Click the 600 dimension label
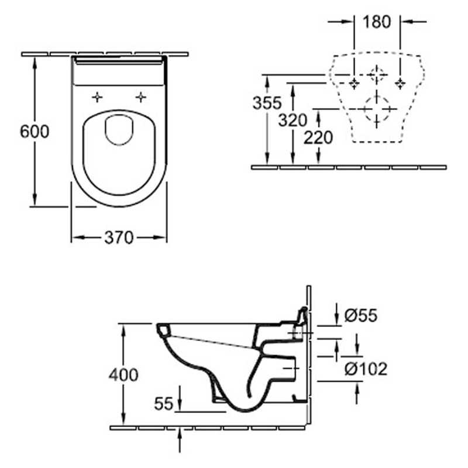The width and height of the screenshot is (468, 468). [x=35, y=131]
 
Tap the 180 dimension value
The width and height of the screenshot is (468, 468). [x=377, y=22]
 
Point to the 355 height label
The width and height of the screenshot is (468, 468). [x=267, y=103]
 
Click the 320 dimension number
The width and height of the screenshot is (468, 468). [x=292, y=121]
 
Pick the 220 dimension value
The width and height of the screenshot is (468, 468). [x=318, y=138]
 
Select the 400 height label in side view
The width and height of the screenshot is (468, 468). [x=124, y=374]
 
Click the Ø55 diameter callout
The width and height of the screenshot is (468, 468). [x=362, y=316]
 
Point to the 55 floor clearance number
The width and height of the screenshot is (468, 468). [x=164, y=403]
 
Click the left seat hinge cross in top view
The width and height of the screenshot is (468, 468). [x=98, y=97]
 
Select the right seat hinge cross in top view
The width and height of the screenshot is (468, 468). [x=140, y=97]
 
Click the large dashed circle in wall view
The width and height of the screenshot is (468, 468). [x=376, y=108]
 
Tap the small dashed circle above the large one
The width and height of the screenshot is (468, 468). [x=377, y=75]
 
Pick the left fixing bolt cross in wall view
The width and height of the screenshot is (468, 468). [x=353, y=83]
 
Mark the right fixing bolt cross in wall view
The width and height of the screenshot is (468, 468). [x=400, y=82]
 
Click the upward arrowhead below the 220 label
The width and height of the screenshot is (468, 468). [x=318, y=116]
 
